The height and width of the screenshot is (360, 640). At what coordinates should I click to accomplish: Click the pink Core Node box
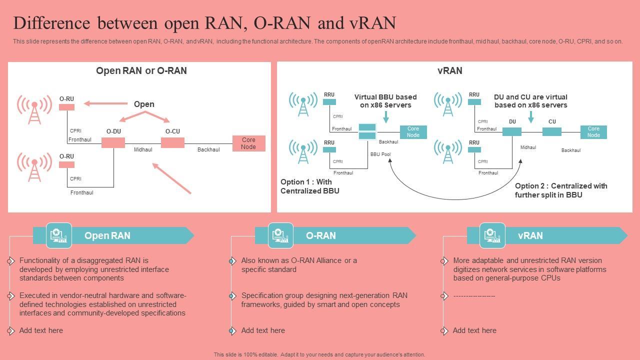tap(249, 143)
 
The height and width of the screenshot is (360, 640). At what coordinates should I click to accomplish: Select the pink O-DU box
tap(113, 142)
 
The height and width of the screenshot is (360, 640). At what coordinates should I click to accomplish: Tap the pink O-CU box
tap(172, 142)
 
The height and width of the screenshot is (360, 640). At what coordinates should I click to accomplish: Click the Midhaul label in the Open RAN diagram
tap(143, 149)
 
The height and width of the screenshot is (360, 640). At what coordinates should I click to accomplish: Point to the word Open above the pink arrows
tap(144, 104)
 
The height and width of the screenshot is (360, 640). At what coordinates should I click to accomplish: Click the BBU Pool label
tap(380, 154)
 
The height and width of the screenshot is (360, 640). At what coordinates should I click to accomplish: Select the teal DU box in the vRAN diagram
tap(512, 131)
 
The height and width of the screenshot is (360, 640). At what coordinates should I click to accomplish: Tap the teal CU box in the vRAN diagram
tap(552, 131)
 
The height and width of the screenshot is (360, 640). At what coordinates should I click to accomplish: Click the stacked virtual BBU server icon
tap(367, 131)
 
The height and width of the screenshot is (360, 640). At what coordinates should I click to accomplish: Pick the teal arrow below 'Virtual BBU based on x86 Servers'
tap(386, 117)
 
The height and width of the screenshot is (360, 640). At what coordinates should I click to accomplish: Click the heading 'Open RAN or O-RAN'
tap(141, 70)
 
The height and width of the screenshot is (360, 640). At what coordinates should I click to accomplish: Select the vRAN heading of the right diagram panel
tap(449, 70)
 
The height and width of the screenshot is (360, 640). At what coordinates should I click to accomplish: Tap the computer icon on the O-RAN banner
tap(280, 235)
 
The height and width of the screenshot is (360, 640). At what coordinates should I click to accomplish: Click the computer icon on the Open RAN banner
tap(59, 235)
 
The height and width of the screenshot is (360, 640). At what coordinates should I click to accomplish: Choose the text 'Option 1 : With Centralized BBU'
tap(309, 186)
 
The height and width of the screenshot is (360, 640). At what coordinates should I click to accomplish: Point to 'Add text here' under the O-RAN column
tap(263, 330)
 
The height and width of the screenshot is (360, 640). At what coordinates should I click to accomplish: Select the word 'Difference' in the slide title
tap(51, 23)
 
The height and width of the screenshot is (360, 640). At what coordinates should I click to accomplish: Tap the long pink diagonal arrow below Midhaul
tap(171, 178)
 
